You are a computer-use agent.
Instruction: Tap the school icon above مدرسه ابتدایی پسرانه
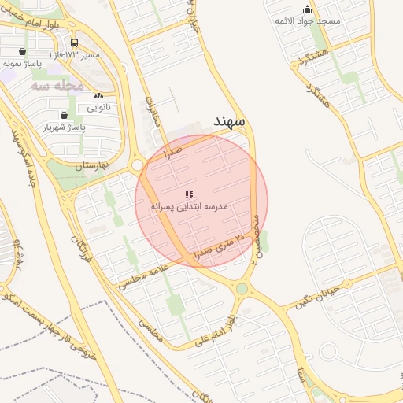point(189,194)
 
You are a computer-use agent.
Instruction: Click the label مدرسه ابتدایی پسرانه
point(190,206)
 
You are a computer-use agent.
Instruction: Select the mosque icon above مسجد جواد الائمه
point(307,9)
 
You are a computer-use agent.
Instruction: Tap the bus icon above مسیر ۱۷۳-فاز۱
point(74,43)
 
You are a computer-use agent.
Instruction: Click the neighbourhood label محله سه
point(57,85)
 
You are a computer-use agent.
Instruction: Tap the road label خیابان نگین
point(318,297)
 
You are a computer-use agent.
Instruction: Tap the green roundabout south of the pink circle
point(241,289)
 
